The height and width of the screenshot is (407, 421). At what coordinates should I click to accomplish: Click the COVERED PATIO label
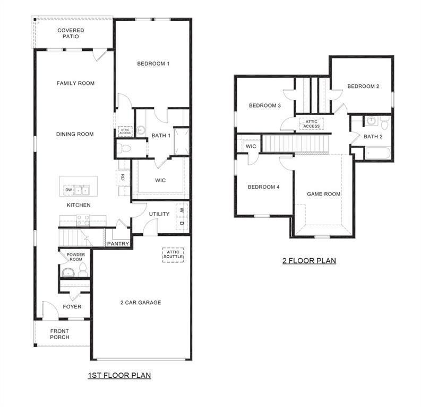click(71, 33)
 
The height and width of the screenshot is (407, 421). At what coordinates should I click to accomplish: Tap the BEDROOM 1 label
click(153, 64)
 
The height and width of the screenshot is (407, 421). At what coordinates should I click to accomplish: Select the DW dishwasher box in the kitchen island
click(68, 190)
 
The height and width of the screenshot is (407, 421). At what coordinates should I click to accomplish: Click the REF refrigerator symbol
click(122, 178)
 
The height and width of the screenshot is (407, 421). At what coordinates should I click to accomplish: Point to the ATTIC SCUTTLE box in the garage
click(173, 255)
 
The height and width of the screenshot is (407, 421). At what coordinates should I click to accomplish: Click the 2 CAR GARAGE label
click(140, 303)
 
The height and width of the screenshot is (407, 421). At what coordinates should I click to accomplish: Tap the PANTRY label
click(118, 244)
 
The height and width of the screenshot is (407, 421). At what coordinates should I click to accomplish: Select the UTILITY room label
click(159, 214)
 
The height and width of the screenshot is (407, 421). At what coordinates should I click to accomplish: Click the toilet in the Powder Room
click(82, 270)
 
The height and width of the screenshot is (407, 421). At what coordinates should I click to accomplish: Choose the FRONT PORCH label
click(59, 334)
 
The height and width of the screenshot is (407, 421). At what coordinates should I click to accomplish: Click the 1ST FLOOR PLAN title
click(119, 375)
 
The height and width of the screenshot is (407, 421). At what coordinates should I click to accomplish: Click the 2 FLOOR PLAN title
click(308, 261)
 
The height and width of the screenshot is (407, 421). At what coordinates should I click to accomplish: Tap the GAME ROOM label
click(323, 194)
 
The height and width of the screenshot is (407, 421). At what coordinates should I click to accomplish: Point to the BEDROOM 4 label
click(263, 187)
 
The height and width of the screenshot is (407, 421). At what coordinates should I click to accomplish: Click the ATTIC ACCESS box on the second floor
click(311, 123)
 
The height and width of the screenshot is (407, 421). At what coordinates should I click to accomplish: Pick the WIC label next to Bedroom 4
click(251, 146)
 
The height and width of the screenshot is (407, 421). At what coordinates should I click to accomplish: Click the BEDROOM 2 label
click(363, 86)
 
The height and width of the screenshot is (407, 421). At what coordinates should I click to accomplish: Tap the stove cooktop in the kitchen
click(83, 220)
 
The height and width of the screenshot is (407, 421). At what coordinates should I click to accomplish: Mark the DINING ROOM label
click(75, 134)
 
